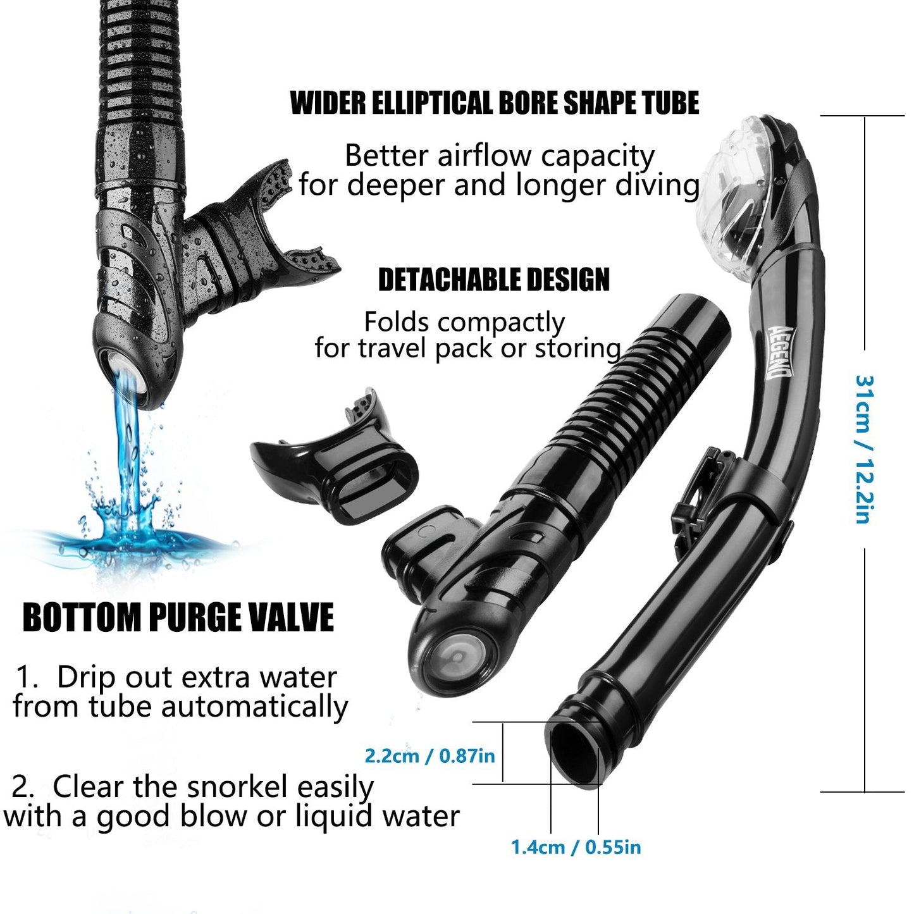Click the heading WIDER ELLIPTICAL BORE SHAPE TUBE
click(x=494, y=104)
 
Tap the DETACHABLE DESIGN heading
click(x=493, y=280)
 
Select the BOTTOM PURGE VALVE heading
click(x=178, y=618)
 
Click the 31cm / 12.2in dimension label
click(x=864, y=449)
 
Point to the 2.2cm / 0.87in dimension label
click(x=429, y=755)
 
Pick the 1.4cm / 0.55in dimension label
click(x=576, y=847)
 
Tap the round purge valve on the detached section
click(x=456, y=658)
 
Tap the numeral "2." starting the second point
click(x=23, y=787)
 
